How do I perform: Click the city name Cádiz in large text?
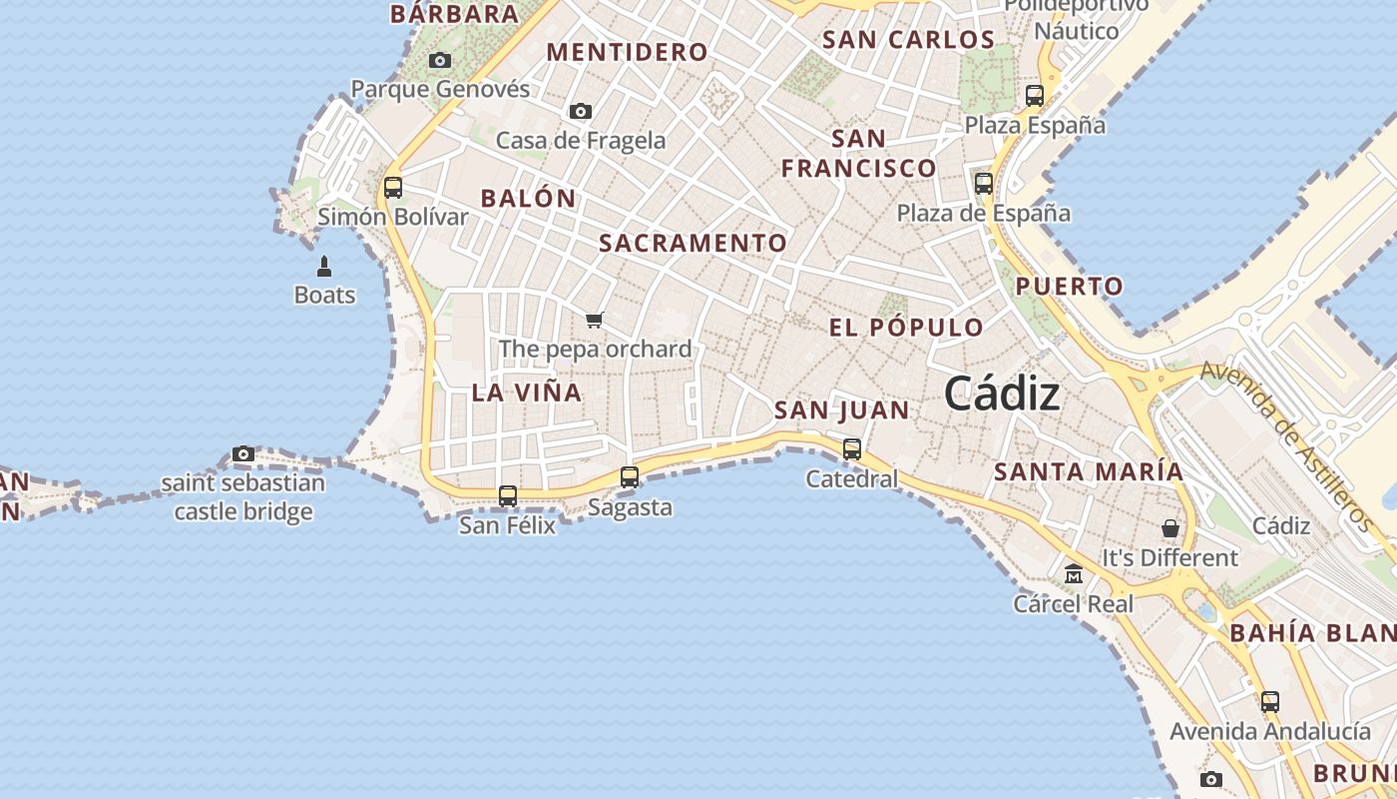click(1002, 394)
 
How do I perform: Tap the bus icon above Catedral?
click(852, 449)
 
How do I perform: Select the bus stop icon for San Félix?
click(508, 495)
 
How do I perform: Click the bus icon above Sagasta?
click(630, 477)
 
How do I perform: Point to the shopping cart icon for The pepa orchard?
click(595, 320)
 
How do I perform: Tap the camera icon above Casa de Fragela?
click(580, 111)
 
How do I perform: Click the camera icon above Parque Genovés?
click(440, 61)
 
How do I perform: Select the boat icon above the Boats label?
click(324, 267)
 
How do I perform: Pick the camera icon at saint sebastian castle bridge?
click(242, 454)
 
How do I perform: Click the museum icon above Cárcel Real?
click(1074, 574)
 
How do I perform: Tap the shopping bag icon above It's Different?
click(1170, 527)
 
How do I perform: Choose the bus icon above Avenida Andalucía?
click(1269, 701)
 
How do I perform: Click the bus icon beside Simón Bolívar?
click(393, 187)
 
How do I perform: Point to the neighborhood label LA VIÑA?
click(526, 393)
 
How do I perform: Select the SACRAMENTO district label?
click(693, 243)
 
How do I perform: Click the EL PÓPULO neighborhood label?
click(906, 328)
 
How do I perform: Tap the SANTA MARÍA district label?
click(1089, 471)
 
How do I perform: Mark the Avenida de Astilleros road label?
click(1286, 444)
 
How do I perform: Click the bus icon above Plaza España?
click(1035, 96)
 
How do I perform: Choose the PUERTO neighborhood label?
click(1070, 287)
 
